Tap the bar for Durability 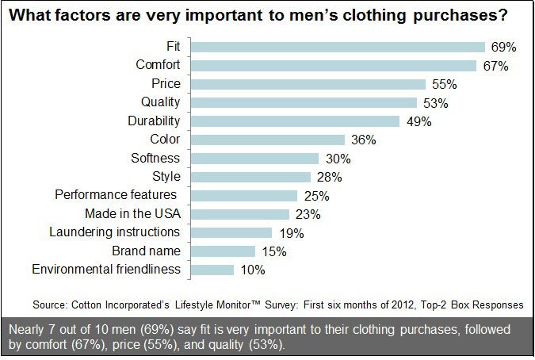coord(294,121)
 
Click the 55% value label coord(442,84)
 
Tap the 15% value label coord(273,251)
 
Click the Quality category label coord(161,102)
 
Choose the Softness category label coord(155,158)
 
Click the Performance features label coord(116,195)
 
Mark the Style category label coord(166,176)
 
